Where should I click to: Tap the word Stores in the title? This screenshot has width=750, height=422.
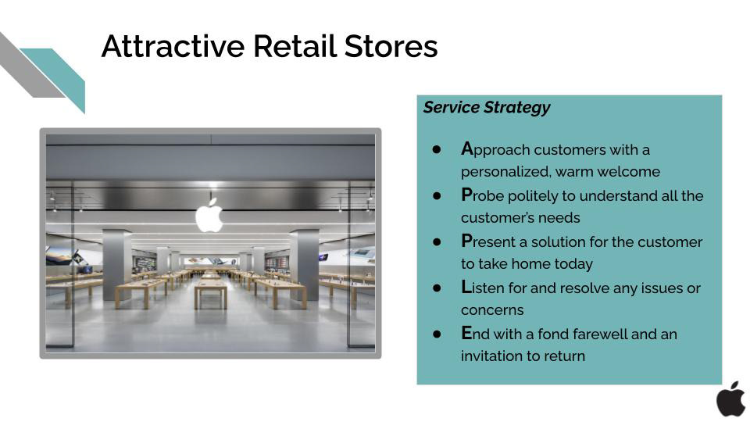coord(391,46)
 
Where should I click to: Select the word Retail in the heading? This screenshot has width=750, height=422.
coord(295,46)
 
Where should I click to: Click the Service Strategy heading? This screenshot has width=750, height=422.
coord(487,107)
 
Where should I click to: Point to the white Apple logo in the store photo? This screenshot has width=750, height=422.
coord(209,214)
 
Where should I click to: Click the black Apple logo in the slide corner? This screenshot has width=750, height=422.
coord(731,399)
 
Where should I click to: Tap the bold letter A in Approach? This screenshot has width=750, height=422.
coord(467,148)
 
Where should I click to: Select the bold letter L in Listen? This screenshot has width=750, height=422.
coord(466,287)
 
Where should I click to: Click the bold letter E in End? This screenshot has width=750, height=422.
coord(466,333)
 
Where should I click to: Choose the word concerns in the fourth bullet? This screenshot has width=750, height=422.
coord(492,310)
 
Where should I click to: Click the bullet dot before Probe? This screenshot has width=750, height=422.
coord(436,195)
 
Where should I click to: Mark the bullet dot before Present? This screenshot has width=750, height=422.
coord(436,241)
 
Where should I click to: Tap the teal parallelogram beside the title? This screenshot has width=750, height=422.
coord(60,77)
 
